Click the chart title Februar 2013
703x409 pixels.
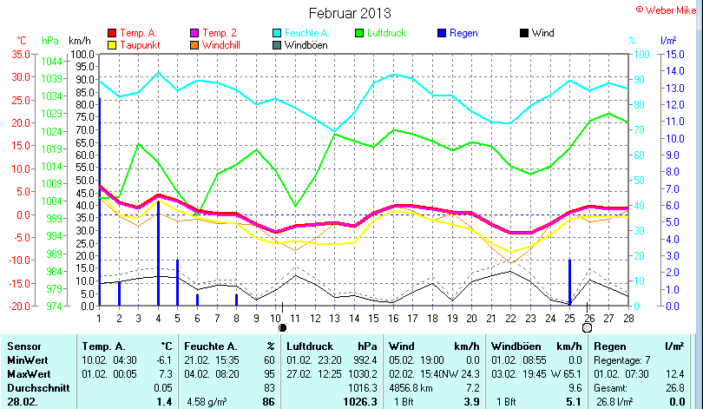tap(350, 13)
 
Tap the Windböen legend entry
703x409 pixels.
tap(306, 44)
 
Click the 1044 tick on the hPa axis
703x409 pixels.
tap(51, 61)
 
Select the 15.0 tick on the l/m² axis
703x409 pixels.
tap(668, 54)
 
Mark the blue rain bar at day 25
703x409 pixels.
tap(569, 281)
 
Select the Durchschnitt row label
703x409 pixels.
tap(35, 387)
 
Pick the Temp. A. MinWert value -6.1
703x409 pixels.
tap(161, 360)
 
